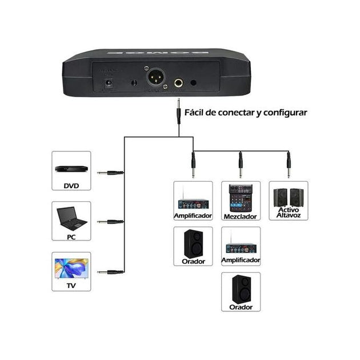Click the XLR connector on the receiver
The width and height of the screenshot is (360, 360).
(157, 78)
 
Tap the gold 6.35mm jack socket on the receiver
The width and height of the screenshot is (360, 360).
(179, 83)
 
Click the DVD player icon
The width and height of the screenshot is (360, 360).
(71, 169)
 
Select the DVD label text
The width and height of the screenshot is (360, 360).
(71, 185)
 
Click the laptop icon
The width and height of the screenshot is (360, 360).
(71, 218)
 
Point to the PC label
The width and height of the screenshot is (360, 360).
(71, 235)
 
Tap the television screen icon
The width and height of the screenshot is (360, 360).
(71, 267)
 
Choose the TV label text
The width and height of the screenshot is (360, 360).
(71, 286)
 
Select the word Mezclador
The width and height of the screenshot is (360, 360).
(241, 217)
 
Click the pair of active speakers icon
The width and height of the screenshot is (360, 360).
(288, 198)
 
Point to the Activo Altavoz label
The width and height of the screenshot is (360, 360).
(289, 213)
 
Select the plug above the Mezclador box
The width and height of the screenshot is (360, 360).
(241, 166)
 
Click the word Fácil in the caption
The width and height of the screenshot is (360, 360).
(198, 112)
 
